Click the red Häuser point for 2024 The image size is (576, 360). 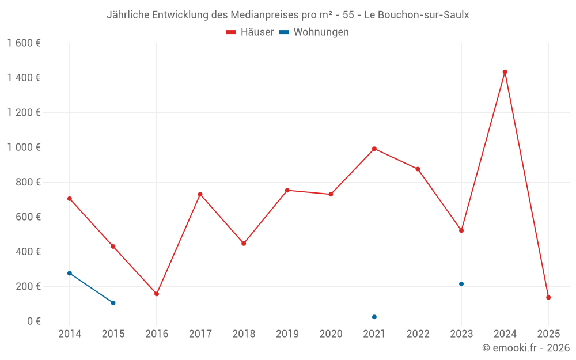point(505,72)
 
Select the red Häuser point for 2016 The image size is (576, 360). point(157,294)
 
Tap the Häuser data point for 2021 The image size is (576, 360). point(374,149)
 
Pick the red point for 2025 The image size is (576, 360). point(548,297)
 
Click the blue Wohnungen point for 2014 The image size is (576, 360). point(70,273)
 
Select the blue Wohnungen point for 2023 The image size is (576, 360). point(461,284)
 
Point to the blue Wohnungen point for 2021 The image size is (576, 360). point(374,317)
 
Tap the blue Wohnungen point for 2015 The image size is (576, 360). point(113,303)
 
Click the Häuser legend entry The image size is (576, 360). point(250,32)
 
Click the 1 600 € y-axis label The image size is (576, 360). point(24,43)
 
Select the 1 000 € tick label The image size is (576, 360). point(24,147)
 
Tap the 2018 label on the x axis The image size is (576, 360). point(244,334)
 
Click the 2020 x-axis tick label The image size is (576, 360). point(331,334)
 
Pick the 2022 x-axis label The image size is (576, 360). point(418,334)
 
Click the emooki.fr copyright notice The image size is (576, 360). point(525,348)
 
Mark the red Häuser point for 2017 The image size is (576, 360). point(200,194)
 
